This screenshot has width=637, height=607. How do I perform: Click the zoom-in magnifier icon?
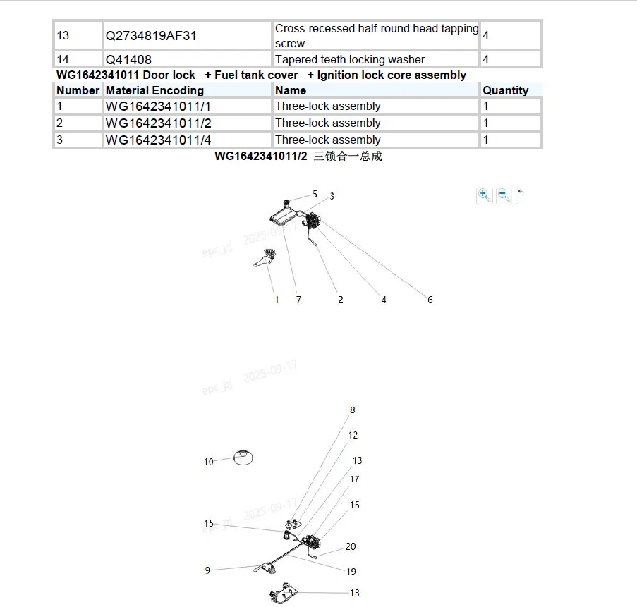pos(484,195)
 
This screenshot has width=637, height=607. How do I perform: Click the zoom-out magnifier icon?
pos(504,195)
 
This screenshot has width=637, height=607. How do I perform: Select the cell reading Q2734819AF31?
pos(151,35)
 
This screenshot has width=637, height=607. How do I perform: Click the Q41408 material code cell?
pos(128,60)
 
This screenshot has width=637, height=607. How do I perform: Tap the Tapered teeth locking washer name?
pos(350,60)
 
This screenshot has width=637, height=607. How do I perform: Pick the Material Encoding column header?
pos(154,90)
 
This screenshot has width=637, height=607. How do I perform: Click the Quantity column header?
pos(505,90)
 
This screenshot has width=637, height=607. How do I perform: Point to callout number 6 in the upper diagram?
pos(430,300)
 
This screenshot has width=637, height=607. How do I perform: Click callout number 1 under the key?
pos(277,300)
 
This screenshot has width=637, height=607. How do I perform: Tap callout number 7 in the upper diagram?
pos(298,300)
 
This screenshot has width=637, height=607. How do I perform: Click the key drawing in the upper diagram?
pos(264,259)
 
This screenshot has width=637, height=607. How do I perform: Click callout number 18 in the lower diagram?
pos(354,593)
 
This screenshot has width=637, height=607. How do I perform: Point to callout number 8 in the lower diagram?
pos(353,410)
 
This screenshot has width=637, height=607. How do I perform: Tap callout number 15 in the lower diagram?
pos(209,524)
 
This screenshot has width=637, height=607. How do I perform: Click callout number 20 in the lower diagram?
pos(351,546)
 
